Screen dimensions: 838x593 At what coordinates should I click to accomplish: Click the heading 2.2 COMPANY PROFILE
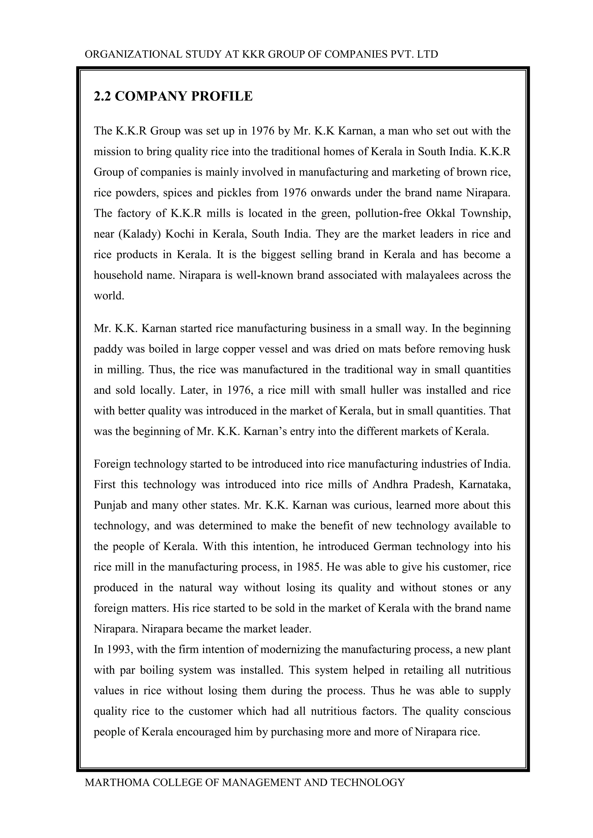[x=173, y=96]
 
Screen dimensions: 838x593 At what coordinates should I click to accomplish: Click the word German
[x=393, y=546]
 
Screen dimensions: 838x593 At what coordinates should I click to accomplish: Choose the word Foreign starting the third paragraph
[x=112, y=464]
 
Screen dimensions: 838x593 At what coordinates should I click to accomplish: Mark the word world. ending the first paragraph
[x=109, y=296]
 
